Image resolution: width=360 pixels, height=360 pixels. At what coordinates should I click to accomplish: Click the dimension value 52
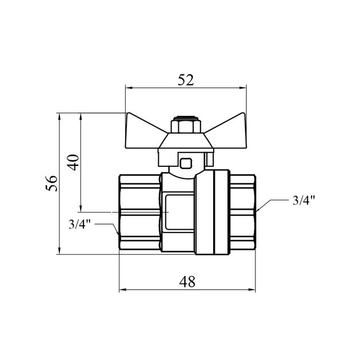pyautogui.click(x=186, y=80)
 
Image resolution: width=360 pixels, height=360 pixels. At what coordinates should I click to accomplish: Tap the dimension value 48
pyautogui.click(x=187, y=282)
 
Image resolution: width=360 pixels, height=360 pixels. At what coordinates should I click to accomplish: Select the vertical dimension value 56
pyautogui.click(x=51, y=183)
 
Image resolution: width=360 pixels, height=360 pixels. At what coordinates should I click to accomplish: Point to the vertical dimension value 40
pyautogui.click(x=73, y=162)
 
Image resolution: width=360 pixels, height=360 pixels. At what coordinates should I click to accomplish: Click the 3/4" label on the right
pyautogui.click(x=304, y=200)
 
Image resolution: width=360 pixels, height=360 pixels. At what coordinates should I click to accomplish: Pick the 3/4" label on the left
pyautogui.click(x=79, y=224)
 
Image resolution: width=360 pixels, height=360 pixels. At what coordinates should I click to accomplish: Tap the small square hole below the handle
pyautogui.click(x=186, y=163)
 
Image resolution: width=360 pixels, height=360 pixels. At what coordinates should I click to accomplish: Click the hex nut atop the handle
pyautogui.click(x=186, y=126)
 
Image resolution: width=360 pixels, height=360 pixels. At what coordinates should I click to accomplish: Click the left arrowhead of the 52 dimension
pyautogui.click(x=129, y=87)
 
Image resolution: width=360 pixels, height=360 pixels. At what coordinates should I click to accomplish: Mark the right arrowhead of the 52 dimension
pyautogui.click(x=243, y=87)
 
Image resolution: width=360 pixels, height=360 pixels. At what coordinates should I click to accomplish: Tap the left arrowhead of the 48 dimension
pyautogui.click(x=123, y=290)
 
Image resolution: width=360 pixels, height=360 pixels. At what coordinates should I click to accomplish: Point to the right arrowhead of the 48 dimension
pyautogui.click(x=252, y=290)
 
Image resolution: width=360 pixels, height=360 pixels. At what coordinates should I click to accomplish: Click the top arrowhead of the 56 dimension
pyautogui.click(x=59, y=117)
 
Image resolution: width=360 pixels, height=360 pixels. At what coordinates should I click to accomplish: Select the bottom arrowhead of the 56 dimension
pyautogui.click(x=59, y=251)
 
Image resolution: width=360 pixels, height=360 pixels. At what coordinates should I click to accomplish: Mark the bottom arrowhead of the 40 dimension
pyautogui.click(x=81, y=208)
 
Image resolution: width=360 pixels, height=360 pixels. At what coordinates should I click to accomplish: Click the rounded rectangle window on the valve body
pyautogui.click(x=179, y=212)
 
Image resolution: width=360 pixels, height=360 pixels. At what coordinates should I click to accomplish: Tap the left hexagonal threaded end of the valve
pyautogui.click(x=139, y=212)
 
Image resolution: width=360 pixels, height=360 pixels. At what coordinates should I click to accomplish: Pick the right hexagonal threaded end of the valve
pyautogui.click(x=243, y=212)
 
